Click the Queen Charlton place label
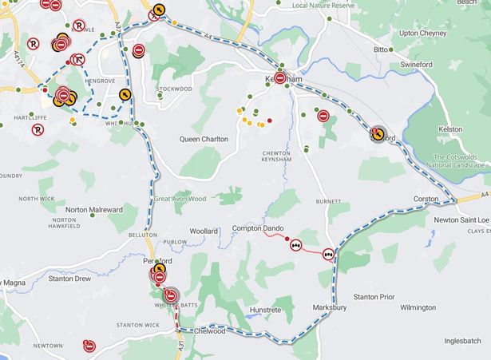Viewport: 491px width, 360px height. click(204, 139)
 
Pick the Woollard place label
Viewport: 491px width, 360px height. click(204, 231)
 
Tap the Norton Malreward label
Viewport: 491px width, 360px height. click(94, 210)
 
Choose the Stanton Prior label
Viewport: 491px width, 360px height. click(374, 297)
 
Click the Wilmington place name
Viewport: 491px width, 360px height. click(418, 307)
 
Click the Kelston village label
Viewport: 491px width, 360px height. click(450, 129)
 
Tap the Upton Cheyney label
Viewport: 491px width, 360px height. click(425, 33)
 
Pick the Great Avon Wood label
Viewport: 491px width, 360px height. click(180, 199)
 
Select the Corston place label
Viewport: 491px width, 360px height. click(426, 199)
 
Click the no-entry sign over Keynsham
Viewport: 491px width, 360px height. click(280, 79)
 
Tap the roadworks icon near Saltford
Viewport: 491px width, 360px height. click(378, 133)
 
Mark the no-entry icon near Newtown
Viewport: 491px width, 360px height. click(89, 346)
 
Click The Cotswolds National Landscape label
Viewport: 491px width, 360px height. click(461, 161)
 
